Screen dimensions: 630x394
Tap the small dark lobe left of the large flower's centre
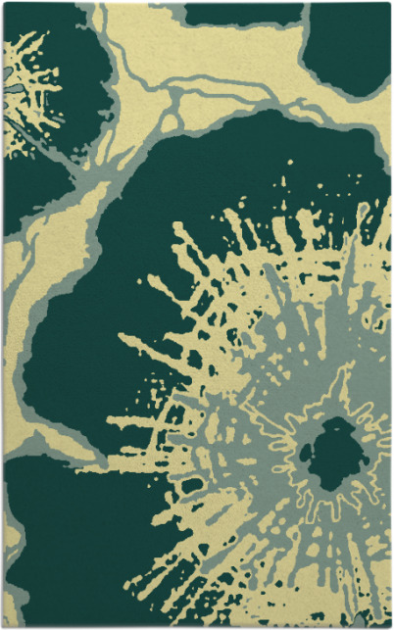[306, 453]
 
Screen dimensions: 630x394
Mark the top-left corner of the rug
[3, 3]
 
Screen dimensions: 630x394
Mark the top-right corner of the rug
[390, 3]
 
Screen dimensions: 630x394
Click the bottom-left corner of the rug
[3, 626]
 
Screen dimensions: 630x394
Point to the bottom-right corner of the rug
[390, 626]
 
